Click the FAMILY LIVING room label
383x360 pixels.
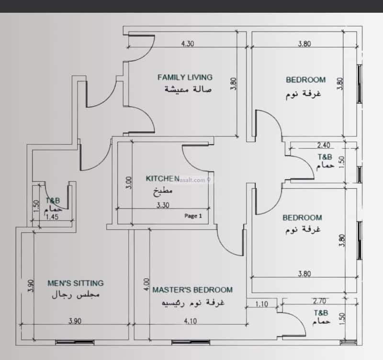tap(185, 77)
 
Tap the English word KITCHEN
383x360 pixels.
tap(163, 178)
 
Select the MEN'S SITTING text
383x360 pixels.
tap(76, 283)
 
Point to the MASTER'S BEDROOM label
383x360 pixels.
tap(192, 290)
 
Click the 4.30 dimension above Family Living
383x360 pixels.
tap(188, 44)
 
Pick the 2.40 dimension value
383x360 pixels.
tap(323, 145)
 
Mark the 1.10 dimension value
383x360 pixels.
tap(261, 303)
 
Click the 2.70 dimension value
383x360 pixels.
tap(319, 302)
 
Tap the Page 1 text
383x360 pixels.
tap(193, 216)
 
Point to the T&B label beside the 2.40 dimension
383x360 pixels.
tap(324, 157)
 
